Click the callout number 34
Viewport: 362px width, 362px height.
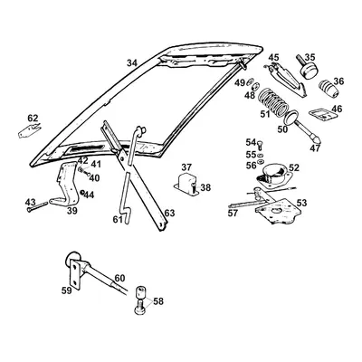point(132,62)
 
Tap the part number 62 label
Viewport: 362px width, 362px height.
point(33,119)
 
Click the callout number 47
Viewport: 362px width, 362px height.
point(314,148)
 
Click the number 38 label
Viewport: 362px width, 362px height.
point(205,188)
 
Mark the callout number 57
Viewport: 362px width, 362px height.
point(233,214)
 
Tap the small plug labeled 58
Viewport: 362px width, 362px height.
point(140,296)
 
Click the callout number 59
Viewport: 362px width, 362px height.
point(64,291)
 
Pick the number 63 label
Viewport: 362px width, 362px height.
point(169,214)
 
